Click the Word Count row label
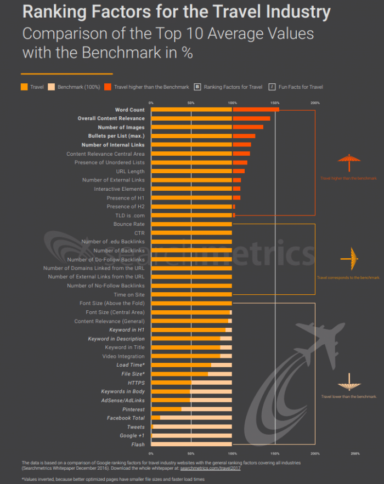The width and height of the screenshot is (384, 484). [x=129, y=110]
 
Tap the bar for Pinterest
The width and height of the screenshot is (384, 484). [x=166, y=409]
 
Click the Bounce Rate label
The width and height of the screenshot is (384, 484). [x=129, y=224]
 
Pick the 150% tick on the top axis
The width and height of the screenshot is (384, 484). [x=274, y=103]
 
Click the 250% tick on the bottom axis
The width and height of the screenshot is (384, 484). [x=355, y=454]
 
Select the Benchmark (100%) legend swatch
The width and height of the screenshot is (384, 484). [x=51, y=87]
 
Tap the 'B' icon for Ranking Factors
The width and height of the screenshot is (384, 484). [x=197, y=87]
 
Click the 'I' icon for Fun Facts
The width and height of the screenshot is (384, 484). [x=272, y=87]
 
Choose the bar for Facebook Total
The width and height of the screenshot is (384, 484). [x=155, y=418]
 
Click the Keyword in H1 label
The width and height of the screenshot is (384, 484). [x=127, y=330]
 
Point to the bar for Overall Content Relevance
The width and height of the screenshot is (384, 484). [x=210, y=118]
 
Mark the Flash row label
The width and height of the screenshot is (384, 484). [x=138, y=444]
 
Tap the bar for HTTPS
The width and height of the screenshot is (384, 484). [x=171, y=383]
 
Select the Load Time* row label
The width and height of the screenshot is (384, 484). [x=131, y=365]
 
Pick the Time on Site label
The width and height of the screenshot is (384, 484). [x=129, y=294]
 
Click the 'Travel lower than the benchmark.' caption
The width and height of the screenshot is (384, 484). [x=349, y=396]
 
